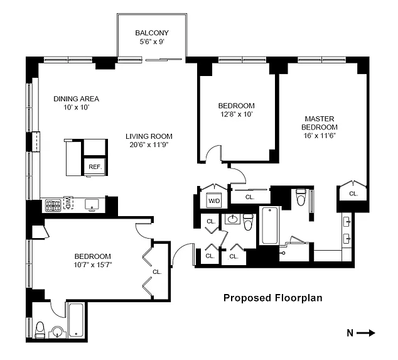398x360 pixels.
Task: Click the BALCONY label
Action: pyautogui.click(x=152, y=33)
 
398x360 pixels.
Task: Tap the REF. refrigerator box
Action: pyautogui.click(x=95, y=166)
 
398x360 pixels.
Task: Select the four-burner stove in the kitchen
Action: pyautogui.click(x=53, y=205)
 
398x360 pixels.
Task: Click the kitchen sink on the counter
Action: pyautogui.click(x=92, y=205)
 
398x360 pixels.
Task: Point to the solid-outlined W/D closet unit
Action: pyautogui.click(x=214, y=200)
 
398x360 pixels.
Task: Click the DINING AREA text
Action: pyautogui.click(x=76, y=99)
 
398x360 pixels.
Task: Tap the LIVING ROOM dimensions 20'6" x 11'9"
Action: pyautogui.click(x=149, y=145)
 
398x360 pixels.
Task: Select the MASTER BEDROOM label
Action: pyautogui.click(x=320, y=123)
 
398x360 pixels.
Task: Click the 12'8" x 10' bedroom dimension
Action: pyautogui.click(x=236, y=114)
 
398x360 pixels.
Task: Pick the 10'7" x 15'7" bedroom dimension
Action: pyautogui.click(x=93, y=265)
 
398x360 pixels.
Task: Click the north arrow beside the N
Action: pyautogui.click(x=365, y=333)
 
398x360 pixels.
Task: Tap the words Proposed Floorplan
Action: pyautogui.click(x=273, y=298)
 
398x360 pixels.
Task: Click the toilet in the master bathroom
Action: pyautogui.click(x=301, y=197)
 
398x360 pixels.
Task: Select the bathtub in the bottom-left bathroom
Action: pyautogui.click(x=76, y=320)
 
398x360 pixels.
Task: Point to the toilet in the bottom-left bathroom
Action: pyautogui.click(x=40, y=329)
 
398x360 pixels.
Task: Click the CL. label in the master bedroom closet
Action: pyautogui.click(x=353, y=194)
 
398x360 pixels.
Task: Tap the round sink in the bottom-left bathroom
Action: pyautogui.click(x=58, y=332)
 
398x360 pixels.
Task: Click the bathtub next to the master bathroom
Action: pyautogui.click(x=269, y=226)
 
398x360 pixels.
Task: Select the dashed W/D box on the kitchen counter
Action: pyautogui.click(x=68, y=203)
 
